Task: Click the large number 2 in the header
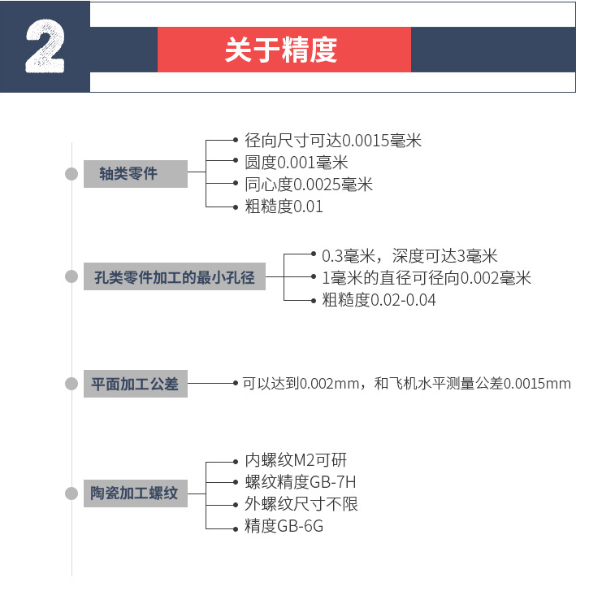click(x=45, y=46)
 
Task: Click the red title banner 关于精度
click(x=284, y=50)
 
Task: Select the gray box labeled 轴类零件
click(x=136, y=174)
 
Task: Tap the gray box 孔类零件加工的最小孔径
click(x=175, y=276)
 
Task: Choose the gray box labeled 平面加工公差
click(x=136, y=384)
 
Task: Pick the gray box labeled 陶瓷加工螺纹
click(x=136, y=493)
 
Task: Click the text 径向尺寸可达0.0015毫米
click(x=333, y=141)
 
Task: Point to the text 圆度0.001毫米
click(x=297, y=163)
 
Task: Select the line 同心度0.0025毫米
click(x=309, y=185)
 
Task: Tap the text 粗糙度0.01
click(x=284, y=207)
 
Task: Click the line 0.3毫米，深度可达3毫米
click(x=409, y=256)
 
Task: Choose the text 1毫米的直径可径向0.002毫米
click(x=427, y=278)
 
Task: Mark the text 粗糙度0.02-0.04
click(x=379, y=300)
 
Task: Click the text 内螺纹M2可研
click(x=296, y=460)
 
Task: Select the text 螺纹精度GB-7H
click(x=301, y=482)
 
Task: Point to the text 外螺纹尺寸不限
click(x=301, y=504)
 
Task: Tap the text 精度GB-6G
click(x=284, y=526)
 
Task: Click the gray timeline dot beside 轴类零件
click(x=71, y=174)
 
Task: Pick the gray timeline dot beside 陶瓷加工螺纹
click(x=71, y=493)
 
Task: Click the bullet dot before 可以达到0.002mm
click(x=236, y=383)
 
